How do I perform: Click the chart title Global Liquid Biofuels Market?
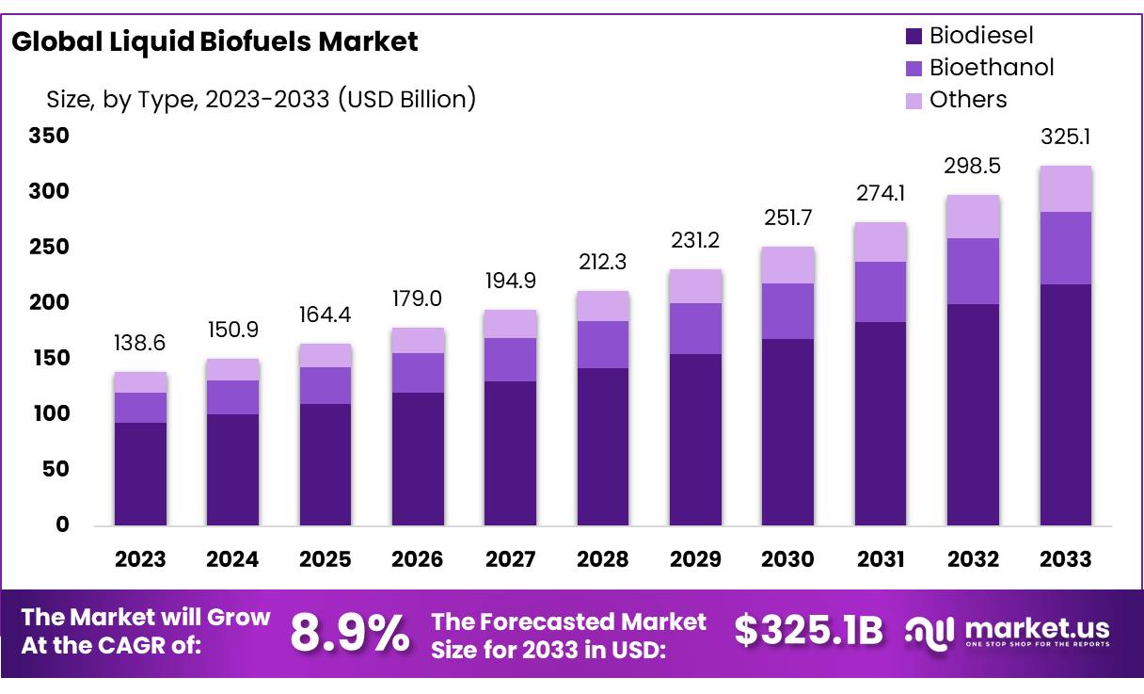pos(214,41)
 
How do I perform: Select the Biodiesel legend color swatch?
pos(914,37)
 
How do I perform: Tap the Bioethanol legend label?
pos(991,68)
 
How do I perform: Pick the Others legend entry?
pos(967,100)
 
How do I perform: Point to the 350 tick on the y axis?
pos(49,136)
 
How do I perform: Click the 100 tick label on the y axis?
pos(49,413)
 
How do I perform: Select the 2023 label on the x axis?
pos(140,559)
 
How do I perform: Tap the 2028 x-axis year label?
pos(602,559)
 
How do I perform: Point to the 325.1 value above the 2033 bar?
pos(1065,137)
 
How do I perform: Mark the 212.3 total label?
pos(602,262)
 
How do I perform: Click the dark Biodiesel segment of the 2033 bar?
pos(1065,405)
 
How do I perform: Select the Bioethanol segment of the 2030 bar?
pos(787,311)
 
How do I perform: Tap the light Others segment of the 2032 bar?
pos(973,217)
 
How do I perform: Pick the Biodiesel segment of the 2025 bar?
pos(325,464)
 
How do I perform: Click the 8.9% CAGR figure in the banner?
pos(349,633)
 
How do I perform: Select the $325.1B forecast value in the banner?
pos(808,631)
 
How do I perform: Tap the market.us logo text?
pos(1037,629)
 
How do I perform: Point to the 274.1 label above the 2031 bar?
pos(880,195)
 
